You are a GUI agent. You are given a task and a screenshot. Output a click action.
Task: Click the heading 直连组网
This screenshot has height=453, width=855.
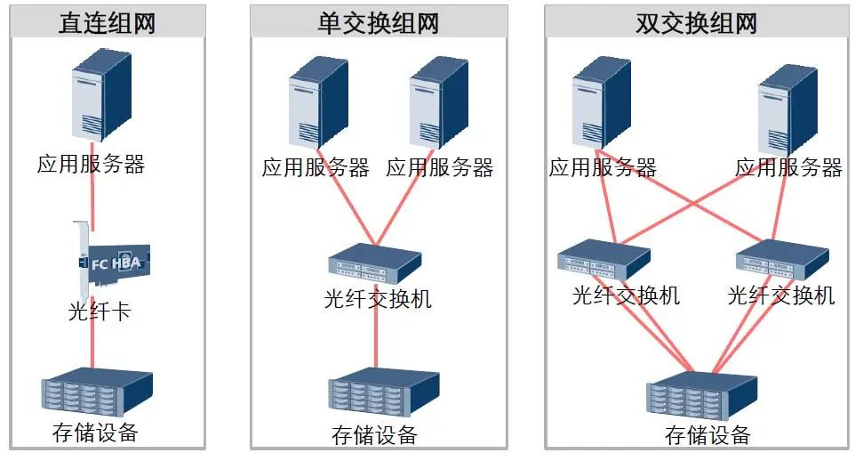tap(108, 21)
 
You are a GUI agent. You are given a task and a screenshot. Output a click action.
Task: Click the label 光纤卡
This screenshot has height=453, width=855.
tap(100, 312)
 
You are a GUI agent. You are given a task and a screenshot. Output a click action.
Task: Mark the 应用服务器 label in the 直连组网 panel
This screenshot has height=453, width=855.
tap(91, 164)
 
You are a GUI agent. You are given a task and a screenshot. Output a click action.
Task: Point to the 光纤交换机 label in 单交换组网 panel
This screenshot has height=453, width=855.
tap(378, 299)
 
